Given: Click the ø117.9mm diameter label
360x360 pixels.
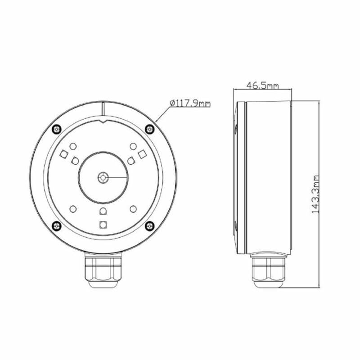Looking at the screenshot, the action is pyautogui.click(x=190, y=103).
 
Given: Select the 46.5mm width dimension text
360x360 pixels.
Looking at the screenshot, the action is pyautogui.click(x=263, y=85).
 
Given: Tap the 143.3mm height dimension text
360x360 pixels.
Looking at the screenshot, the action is pyautogui.click(x=316, y=194).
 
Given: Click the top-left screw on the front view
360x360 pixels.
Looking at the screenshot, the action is pyautogui.click(x=57, y=129).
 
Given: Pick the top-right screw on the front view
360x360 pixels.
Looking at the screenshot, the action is pyautogui.click(x=150, y=129).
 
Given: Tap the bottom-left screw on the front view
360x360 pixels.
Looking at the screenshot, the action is pyautogui.click(x=57, y=226).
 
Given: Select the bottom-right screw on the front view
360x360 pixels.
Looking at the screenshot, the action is pyautogui.click(x=150, y=226).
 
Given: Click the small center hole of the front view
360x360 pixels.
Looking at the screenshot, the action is pyautogui.click(x=103, y=177).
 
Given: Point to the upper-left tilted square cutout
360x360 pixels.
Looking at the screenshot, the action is pyautogui.click(x=63, y=154).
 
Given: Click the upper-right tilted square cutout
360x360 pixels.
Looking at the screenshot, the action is pyautogui.click(x=142, y=154).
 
